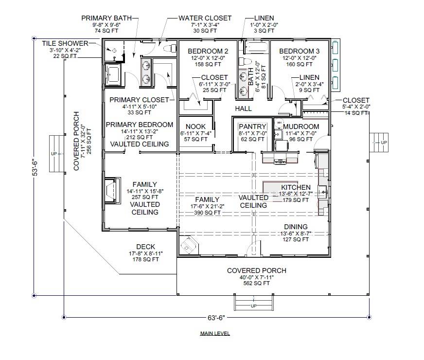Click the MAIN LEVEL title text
point(214,334)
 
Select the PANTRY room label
point(252,127)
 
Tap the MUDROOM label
point(301,127)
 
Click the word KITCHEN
point(296,187)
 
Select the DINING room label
point(296,226)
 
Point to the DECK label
point(145,247)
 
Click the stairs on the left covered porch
point(56,154)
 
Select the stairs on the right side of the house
point(379,142)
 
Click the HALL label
point(243,108)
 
